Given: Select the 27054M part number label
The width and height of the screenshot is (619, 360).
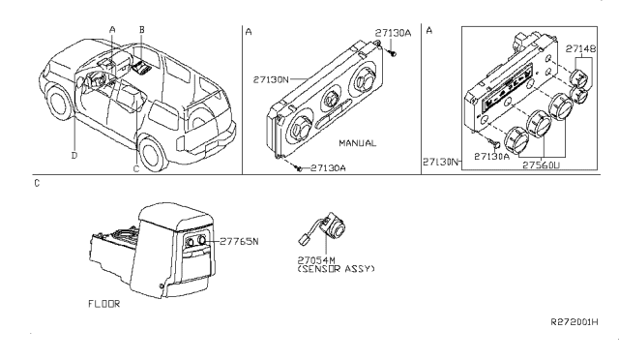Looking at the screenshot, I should pos(316,259).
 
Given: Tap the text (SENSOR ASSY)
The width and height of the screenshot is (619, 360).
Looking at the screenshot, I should pos(336,268).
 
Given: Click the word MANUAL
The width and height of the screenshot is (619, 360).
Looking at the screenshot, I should pos(358,142).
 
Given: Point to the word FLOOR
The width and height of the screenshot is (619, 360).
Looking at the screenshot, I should pos(102,303).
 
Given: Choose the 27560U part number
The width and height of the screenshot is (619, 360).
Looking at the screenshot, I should pos(544,165).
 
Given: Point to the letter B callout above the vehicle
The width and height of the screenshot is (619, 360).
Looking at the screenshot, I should pos(141,31).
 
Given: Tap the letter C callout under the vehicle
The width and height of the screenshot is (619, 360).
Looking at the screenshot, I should pos(136,168).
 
